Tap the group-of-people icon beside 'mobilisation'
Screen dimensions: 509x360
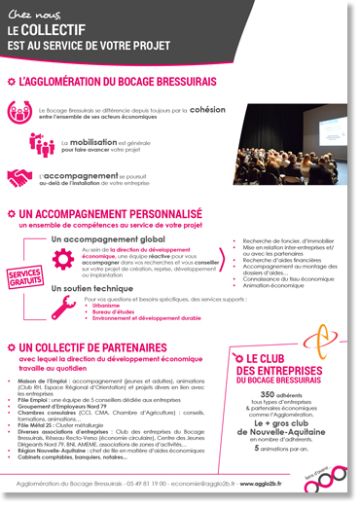click(x=41, y=143)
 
